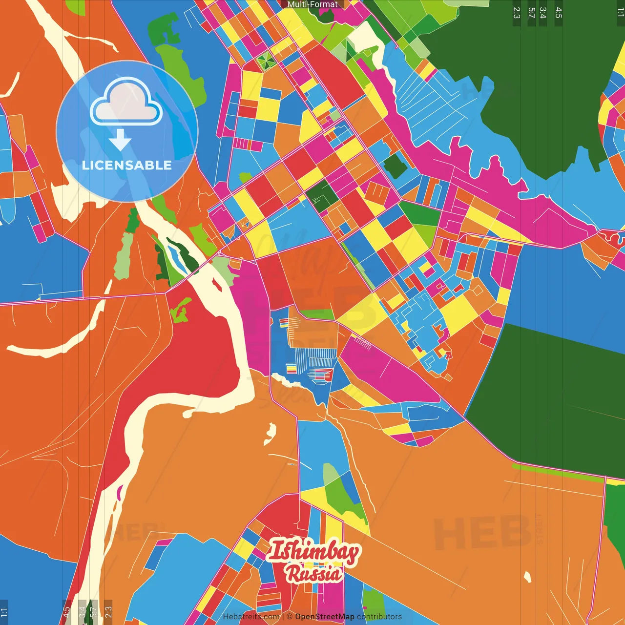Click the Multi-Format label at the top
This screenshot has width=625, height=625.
(312, 4)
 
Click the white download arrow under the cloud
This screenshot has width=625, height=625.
(120, 140)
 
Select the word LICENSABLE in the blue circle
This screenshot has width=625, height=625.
(127, 165)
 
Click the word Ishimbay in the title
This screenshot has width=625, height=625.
(314, 552)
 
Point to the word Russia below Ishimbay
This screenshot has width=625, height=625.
(314, 574)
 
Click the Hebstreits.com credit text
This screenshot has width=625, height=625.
(251, 617)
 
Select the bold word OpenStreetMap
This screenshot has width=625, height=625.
(325, 617)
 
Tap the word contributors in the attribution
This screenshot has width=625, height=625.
(379, 617)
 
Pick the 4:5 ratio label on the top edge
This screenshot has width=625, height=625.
(559, 13)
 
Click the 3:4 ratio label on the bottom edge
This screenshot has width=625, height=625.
(82, 611)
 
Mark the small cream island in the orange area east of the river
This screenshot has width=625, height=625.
(270, 433)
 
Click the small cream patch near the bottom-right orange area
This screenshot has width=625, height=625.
(527, 577)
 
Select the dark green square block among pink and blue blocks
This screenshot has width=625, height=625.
(395, 167)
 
